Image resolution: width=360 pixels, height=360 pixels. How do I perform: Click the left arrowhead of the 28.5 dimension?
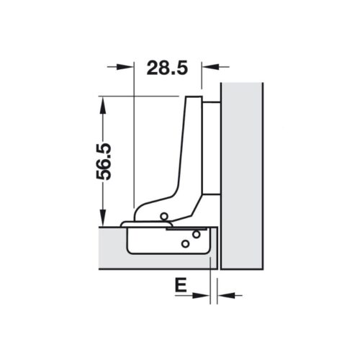(x=128, y=66)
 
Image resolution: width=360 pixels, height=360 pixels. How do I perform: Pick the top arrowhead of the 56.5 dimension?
(x=103, y=103)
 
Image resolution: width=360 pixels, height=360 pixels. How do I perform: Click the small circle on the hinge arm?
(x=165, y=215)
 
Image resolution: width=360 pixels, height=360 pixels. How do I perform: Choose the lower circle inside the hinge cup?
(x=185, y=243)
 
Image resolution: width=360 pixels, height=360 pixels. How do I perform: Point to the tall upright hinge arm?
(x=192, y=144)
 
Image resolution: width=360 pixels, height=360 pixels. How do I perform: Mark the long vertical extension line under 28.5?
(x=134, y=144)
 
